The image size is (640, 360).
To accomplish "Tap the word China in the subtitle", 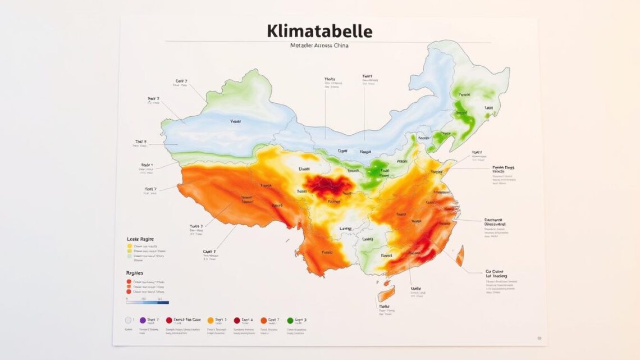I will (x=337, y=45).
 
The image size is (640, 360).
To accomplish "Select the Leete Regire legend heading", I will (x=140, y=239).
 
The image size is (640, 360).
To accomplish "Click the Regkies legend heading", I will (x=135, y=273).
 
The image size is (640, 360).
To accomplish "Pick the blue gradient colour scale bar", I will (x=148, y=302).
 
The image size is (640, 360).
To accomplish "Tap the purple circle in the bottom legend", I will (x=143, y=320).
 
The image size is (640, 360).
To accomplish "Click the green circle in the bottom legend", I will (x=290, y=320).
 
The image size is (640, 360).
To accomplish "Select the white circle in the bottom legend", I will (x=128, y=320).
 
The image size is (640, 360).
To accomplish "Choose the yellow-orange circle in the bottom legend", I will (x=211, y=320).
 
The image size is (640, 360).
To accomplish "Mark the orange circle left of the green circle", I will (x=263, y=320).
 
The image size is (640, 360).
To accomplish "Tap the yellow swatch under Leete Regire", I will (x=130, y=246).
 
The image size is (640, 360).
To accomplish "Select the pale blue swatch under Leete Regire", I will (x=130, y=256).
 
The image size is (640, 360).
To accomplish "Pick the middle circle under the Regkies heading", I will (x=129, y=286).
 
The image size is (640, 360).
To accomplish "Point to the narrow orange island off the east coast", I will (x=460, y=256).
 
